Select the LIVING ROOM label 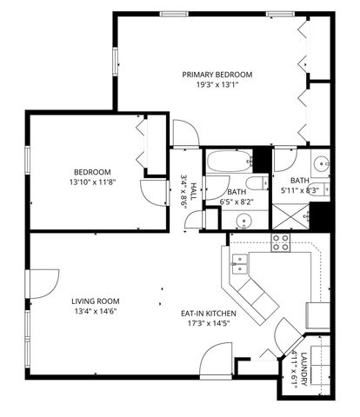pos(95,301)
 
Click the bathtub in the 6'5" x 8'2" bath pos(230,161)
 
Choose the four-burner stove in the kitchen pos(281,242)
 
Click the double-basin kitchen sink pos(241,261)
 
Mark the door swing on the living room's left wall pos(42,283)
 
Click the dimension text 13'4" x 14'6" pos(95,311)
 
